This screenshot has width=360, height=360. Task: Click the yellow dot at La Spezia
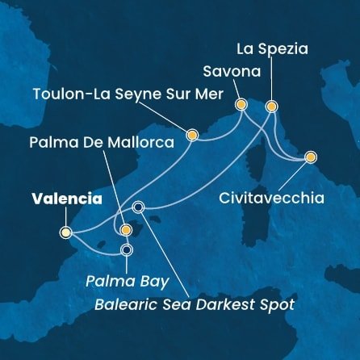click(271, 106)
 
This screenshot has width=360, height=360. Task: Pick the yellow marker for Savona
click(240, 104)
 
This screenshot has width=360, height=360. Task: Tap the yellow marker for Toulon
click(192, 135)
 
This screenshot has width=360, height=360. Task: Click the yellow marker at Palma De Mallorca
click(125, 230)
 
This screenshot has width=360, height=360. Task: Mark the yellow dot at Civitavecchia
click(310, 157)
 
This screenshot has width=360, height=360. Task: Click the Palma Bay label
click(128, 282)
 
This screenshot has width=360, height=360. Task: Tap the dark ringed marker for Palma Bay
click(126, 249)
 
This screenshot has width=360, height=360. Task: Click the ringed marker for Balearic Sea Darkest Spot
click(138, 207)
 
